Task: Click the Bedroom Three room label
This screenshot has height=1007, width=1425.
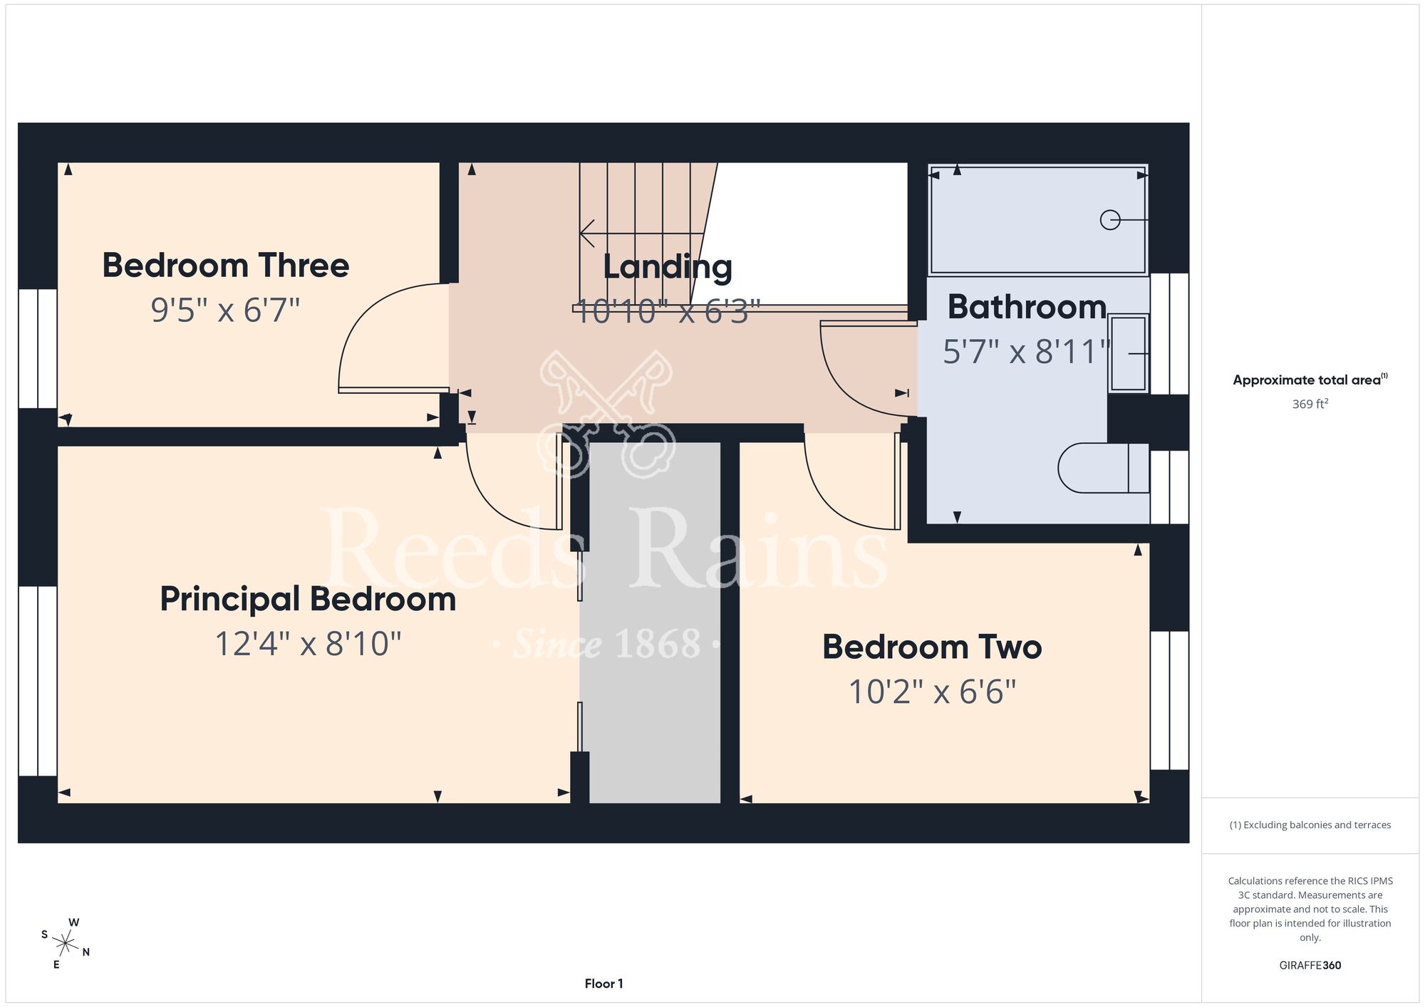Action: click(226, 266)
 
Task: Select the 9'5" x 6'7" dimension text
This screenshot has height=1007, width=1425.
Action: click(225, 311)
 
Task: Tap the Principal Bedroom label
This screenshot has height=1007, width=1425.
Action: click(308, 600)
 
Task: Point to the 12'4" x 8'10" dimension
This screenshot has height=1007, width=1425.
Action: click(308, 644)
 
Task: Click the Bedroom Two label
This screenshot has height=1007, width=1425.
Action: click(932, 647)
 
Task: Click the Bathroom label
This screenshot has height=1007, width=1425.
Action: click(1027, 307)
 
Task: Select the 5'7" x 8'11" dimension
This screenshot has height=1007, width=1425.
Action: click(1027, 352)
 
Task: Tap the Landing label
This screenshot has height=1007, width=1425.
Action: click(668, 268)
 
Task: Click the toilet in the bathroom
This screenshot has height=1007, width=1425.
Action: click(1103, 469)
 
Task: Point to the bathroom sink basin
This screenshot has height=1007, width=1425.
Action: click(1129, 353)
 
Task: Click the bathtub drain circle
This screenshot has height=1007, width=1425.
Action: click(1110, 220)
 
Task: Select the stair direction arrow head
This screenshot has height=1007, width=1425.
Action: click(587, 233)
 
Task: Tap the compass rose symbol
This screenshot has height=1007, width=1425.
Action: click(66, 944)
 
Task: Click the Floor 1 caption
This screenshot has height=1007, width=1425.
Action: click(603, 983)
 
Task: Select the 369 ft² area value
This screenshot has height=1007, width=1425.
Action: click(1310, 404)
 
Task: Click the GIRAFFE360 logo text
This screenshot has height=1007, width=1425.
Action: click(1310, 966)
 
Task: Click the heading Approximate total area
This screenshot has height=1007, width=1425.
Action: click(1310, 380)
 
